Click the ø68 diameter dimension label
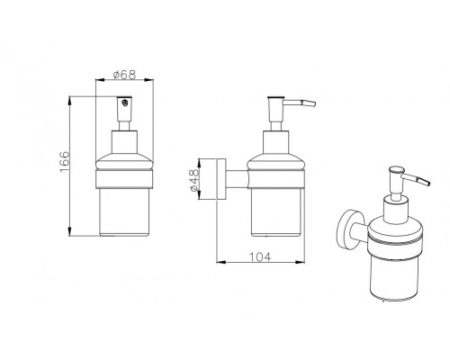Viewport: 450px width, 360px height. coord(124,75)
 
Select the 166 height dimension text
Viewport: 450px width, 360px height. coord(65,162)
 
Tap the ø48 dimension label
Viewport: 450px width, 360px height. coord(194,180)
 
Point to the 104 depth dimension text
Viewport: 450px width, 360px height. coord(260,257)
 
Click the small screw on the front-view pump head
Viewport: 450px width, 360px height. coord(125,103)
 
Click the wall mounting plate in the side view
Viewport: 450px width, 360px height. coord(221,179)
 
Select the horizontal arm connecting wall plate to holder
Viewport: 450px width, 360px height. coord(237,179)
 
